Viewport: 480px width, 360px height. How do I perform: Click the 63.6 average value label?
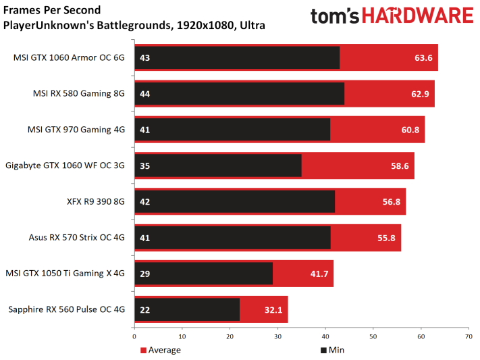(x=423, y=57)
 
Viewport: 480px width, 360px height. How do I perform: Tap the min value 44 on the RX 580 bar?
(x=144, y=93)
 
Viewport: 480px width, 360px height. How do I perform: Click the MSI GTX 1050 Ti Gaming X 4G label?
(x=65, y=274)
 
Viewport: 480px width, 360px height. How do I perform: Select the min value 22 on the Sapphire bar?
(x=144, y=309)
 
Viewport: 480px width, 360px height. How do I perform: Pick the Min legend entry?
(x=333, y=350)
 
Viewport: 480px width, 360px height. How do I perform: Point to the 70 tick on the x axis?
(x=469, y=336)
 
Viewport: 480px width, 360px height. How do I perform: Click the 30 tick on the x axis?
(x=277, y=336)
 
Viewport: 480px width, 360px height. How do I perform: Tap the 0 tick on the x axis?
(x=135, y=336)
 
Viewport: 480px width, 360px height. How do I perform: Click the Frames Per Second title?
(x=52, y=10)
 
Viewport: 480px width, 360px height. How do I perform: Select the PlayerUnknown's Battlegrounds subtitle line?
(x=134, y=26)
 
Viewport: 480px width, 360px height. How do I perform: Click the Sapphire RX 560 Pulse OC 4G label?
(x=67, y=309)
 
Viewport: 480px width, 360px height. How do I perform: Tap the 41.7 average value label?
(x=319, y=274)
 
